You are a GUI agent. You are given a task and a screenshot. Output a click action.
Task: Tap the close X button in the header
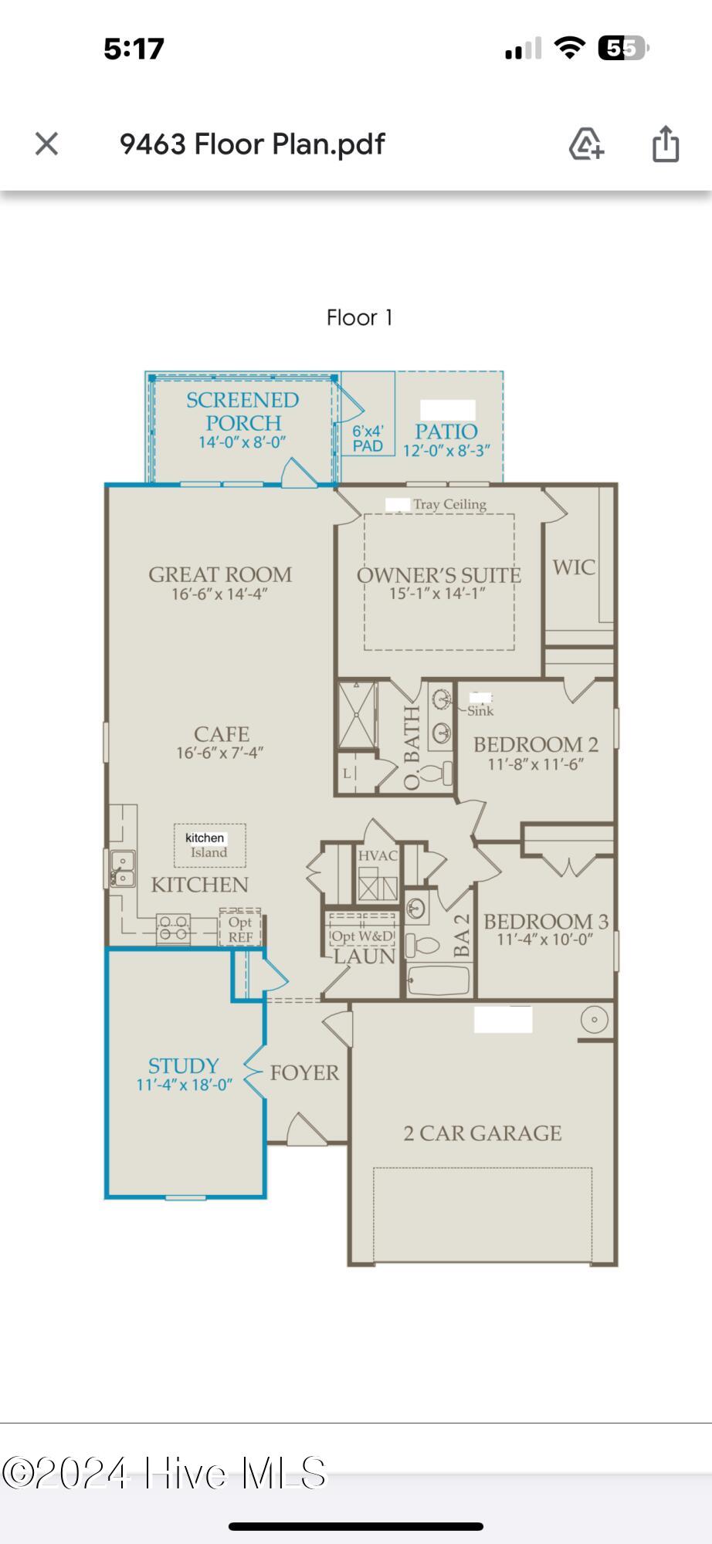[x=47, y=144]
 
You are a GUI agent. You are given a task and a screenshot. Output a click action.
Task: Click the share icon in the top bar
[x=666, y=144]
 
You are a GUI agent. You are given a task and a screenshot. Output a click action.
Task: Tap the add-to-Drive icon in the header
[x=586, y=144]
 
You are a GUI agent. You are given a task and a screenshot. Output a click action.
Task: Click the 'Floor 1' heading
[x=360, y=317]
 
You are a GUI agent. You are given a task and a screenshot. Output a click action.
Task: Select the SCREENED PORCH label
[x=242, y=411]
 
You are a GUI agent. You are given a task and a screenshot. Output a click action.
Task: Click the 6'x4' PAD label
[x=368, y=438]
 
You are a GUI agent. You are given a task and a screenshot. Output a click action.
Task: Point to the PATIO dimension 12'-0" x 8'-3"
[x=446, y=451]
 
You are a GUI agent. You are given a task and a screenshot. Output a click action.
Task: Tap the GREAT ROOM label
[x=220, y=574]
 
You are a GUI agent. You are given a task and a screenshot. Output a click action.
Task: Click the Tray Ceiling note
[x=449, y=504]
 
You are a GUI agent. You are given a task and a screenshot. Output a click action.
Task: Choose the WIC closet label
[x=574, y=567]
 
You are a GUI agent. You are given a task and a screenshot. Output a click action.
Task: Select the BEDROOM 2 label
[x=535, y=744]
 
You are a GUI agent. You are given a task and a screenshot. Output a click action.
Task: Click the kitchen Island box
[x=209, y=845]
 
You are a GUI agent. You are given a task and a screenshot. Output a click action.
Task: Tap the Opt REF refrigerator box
[x=240, y=927]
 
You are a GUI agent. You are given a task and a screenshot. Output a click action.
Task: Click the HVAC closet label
[x=378, y=855]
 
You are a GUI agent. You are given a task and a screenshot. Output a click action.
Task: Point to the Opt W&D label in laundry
[x=362, y=936]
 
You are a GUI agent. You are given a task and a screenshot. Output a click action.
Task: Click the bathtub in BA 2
[x=438, y=981]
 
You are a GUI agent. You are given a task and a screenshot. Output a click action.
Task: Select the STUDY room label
[x=184, y=1065]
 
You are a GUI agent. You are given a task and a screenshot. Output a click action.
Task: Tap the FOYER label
[x=304, y=1072]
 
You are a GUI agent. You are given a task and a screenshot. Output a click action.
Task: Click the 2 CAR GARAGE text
[x=482, y=1133]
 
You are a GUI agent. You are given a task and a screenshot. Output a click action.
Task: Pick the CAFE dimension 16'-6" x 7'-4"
[x=220, y=753]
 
